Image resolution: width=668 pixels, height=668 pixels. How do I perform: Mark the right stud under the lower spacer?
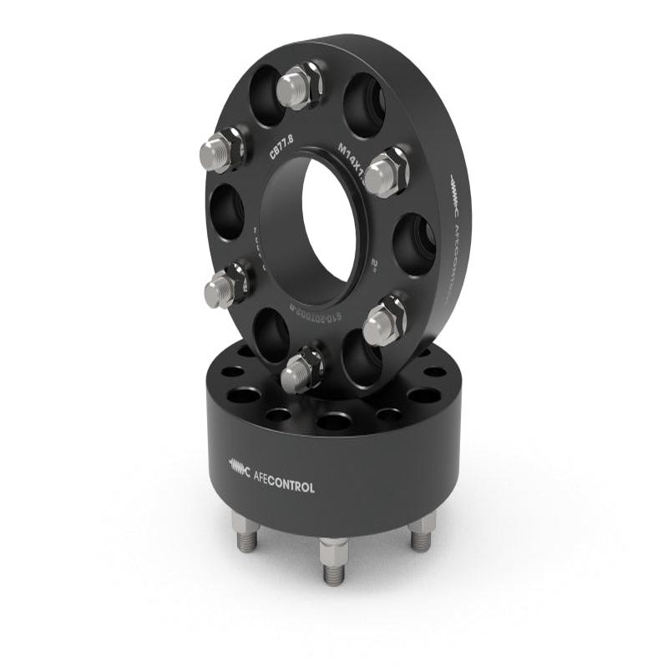423,534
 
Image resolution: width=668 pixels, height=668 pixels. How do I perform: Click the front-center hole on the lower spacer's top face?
333,422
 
